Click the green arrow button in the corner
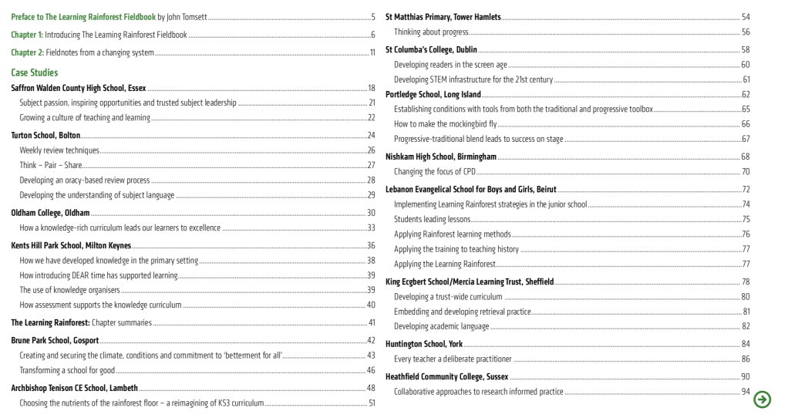pos(763,399)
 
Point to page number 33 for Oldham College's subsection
pos(370,228)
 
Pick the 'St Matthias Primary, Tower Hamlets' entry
pos(443,16)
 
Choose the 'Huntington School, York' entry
pos(424,343)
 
